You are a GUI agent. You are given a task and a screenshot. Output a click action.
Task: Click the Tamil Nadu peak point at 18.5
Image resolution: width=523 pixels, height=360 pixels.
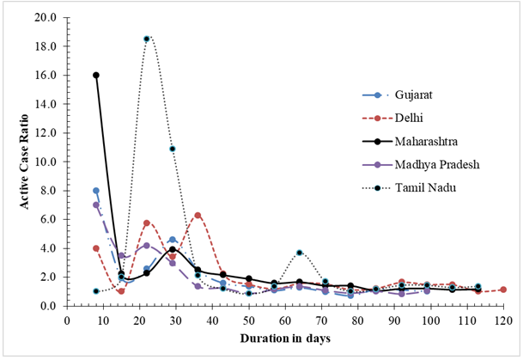tap(147, 39)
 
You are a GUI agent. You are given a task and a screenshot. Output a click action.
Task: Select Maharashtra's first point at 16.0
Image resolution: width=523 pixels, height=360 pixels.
tap(96, 75)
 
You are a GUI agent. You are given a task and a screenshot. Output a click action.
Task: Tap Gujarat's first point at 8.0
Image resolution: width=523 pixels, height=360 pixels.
tap(96, 191)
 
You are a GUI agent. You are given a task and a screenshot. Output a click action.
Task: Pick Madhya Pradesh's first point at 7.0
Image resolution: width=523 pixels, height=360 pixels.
tap(96, 205)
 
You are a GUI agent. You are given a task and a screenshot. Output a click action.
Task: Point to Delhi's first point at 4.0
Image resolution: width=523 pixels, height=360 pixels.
tap(96, 248)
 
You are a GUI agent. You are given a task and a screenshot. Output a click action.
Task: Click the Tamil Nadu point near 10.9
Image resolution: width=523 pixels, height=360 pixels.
tap(173, 149)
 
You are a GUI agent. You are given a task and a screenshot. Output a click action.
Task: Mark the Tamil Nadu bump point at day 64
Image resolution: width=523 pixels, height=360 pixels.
tap(299, 253)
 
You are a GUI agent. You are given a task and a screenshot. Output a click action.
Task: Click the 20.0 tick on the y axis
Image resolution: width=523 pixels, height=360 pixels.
tap(47, 17)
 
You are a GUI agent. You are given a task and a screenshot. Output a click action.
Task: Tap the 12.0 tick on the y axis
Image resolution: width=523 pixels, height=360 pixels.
tap(47, 132)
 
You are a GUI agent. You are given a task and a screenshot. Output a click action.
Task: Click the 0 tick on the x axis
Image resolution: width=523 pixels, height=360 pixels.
tap(67, 320)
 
